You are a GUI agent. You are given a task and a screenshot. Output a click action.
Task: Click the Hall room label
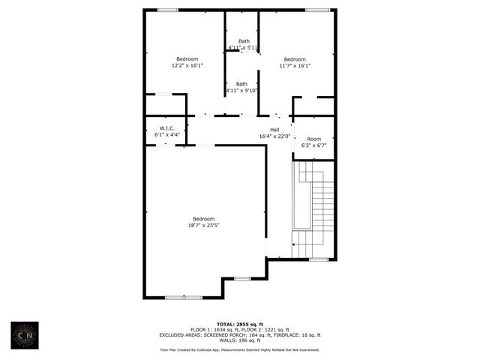(x=274, y=130)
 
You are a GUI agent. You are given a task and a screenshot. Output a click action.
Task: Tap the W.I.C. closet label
(x=166, y=128)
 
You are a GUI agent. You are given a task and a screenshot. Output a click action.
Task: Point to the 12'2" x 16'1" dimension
(x=187, y=65)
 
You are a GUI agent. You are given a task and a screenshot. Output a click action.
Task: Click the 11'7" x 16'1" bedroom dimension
(x=295, y=65)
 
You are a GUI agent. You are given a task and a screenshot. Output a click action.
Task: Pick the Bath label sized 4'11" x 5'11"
(x=244, y=41)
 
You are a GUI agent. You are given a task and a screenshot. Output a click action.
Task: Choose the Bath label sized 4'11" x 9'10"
(x=241, y=84)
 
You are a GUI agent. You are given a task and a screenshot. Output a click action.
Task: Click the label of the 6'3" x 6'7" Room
(x=313, y=139)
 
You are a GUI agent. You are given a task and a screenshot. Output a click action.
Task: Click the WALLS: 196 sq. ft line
(x=239, y=340)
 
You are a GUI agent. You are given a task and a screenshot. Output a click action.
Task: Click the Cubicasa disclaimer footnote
(x=239, y=349)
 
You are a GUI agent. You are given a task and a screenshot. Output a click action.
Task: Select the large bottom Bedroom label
(x=203, y=219)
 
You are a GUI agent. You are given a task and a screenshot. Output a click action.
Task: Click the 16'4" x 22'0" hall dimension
(x=274, y=136)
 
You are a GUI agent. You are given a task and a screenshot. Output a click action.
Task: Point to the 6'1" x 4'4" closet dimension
(x=166, y=134)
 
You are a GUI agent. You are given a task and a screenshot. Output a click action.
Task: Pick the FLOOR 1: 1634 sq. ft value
(x=212, y=330)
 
